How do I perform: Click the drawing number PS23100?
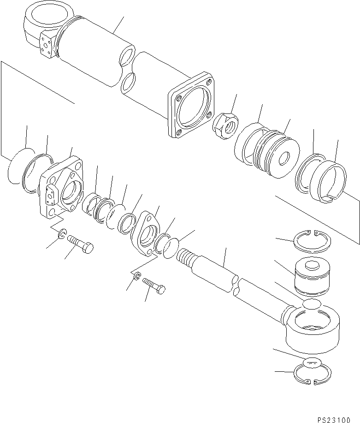coord(338,418)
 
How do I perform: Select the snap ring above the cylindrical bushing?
coord(310,240)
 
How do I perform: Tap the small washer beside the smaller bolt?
coord(136,277)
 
